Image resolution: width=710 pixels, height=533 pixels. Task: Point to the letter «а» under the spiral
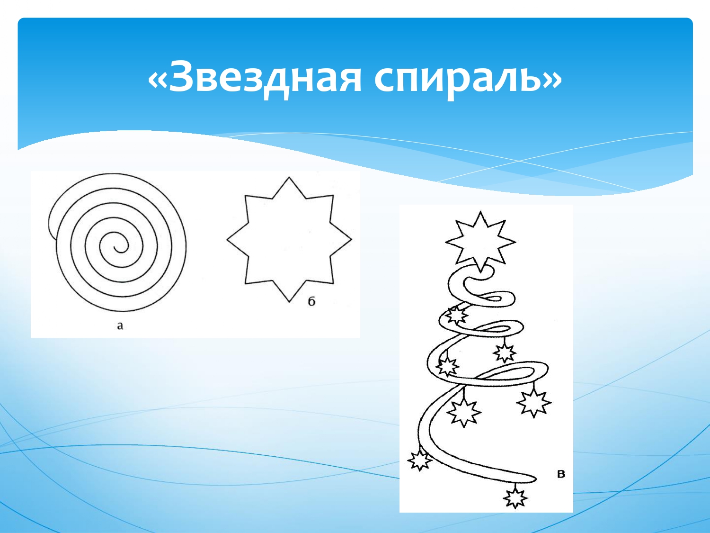[x=120, y=325]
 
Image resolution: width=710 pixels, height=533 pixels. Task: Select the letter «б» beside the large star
[x=311, y=302]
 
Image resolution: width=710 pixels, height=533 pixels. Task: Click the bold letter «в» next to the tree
[x=561, y=474]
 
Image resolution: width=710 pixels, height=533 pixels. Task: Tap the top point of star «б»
[x=289, y=177]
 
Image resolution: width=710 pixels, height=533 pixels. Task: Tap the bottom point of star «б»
[x=289, y=302]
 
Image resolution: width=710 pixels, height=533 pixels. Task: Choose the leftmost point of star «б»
[x=227, y=239]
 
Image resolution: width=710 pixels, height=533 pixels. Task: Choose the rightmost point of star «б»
[x=351, y=239]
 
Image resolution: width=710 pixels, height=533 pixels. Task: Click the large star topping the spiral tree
[x=480, y=242]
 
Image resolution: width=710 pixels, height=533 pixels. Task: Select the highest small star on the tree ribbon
[x=456, y=315]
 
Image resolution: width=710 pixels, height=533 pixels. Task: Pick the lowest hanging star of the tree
[x=515, y=498]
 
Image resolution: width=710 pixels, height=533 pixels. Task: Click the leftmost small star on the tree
[x=419, y=460]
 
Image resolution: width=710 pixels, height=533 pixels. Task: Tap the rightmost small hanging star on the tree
[x=533, y=403]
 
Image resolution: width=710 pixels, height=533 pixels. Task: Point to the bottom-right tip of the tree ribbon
[x=535, y=479]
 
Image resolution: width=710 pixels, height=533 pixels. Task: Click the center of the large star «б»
[x=289, y=239]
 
